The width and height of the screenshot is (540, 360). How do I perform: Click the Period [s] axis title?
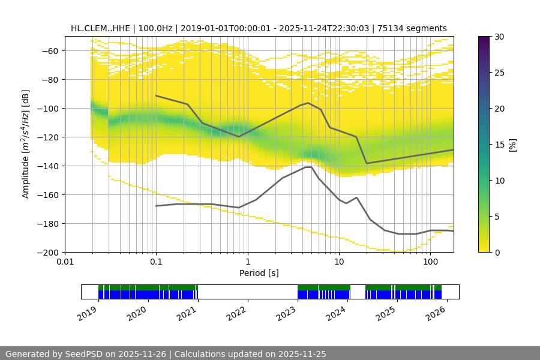pyautogui.click(x=259, y=273)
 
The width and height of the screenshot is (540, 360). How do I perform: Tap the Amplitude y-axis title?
pyautogui.click(x=25, y=144)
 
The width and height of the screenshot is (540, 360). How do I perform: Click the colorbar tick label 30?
pyautogui.click(x=499, y=37)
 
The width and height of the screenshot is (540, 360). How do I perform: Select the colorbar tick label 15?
pyautogui.click(x=499, y=145)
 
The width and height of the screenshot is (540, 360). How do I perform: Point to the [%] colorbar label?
pyautogui.click(x=512, y=145)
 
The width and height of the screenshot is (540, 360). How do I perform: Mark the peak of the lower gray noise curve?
pyautogui.click(x=308, y=167)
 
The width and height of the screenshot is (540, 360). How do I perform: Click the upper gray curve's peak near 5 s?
pyautogui.click(x=308, y=103)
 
